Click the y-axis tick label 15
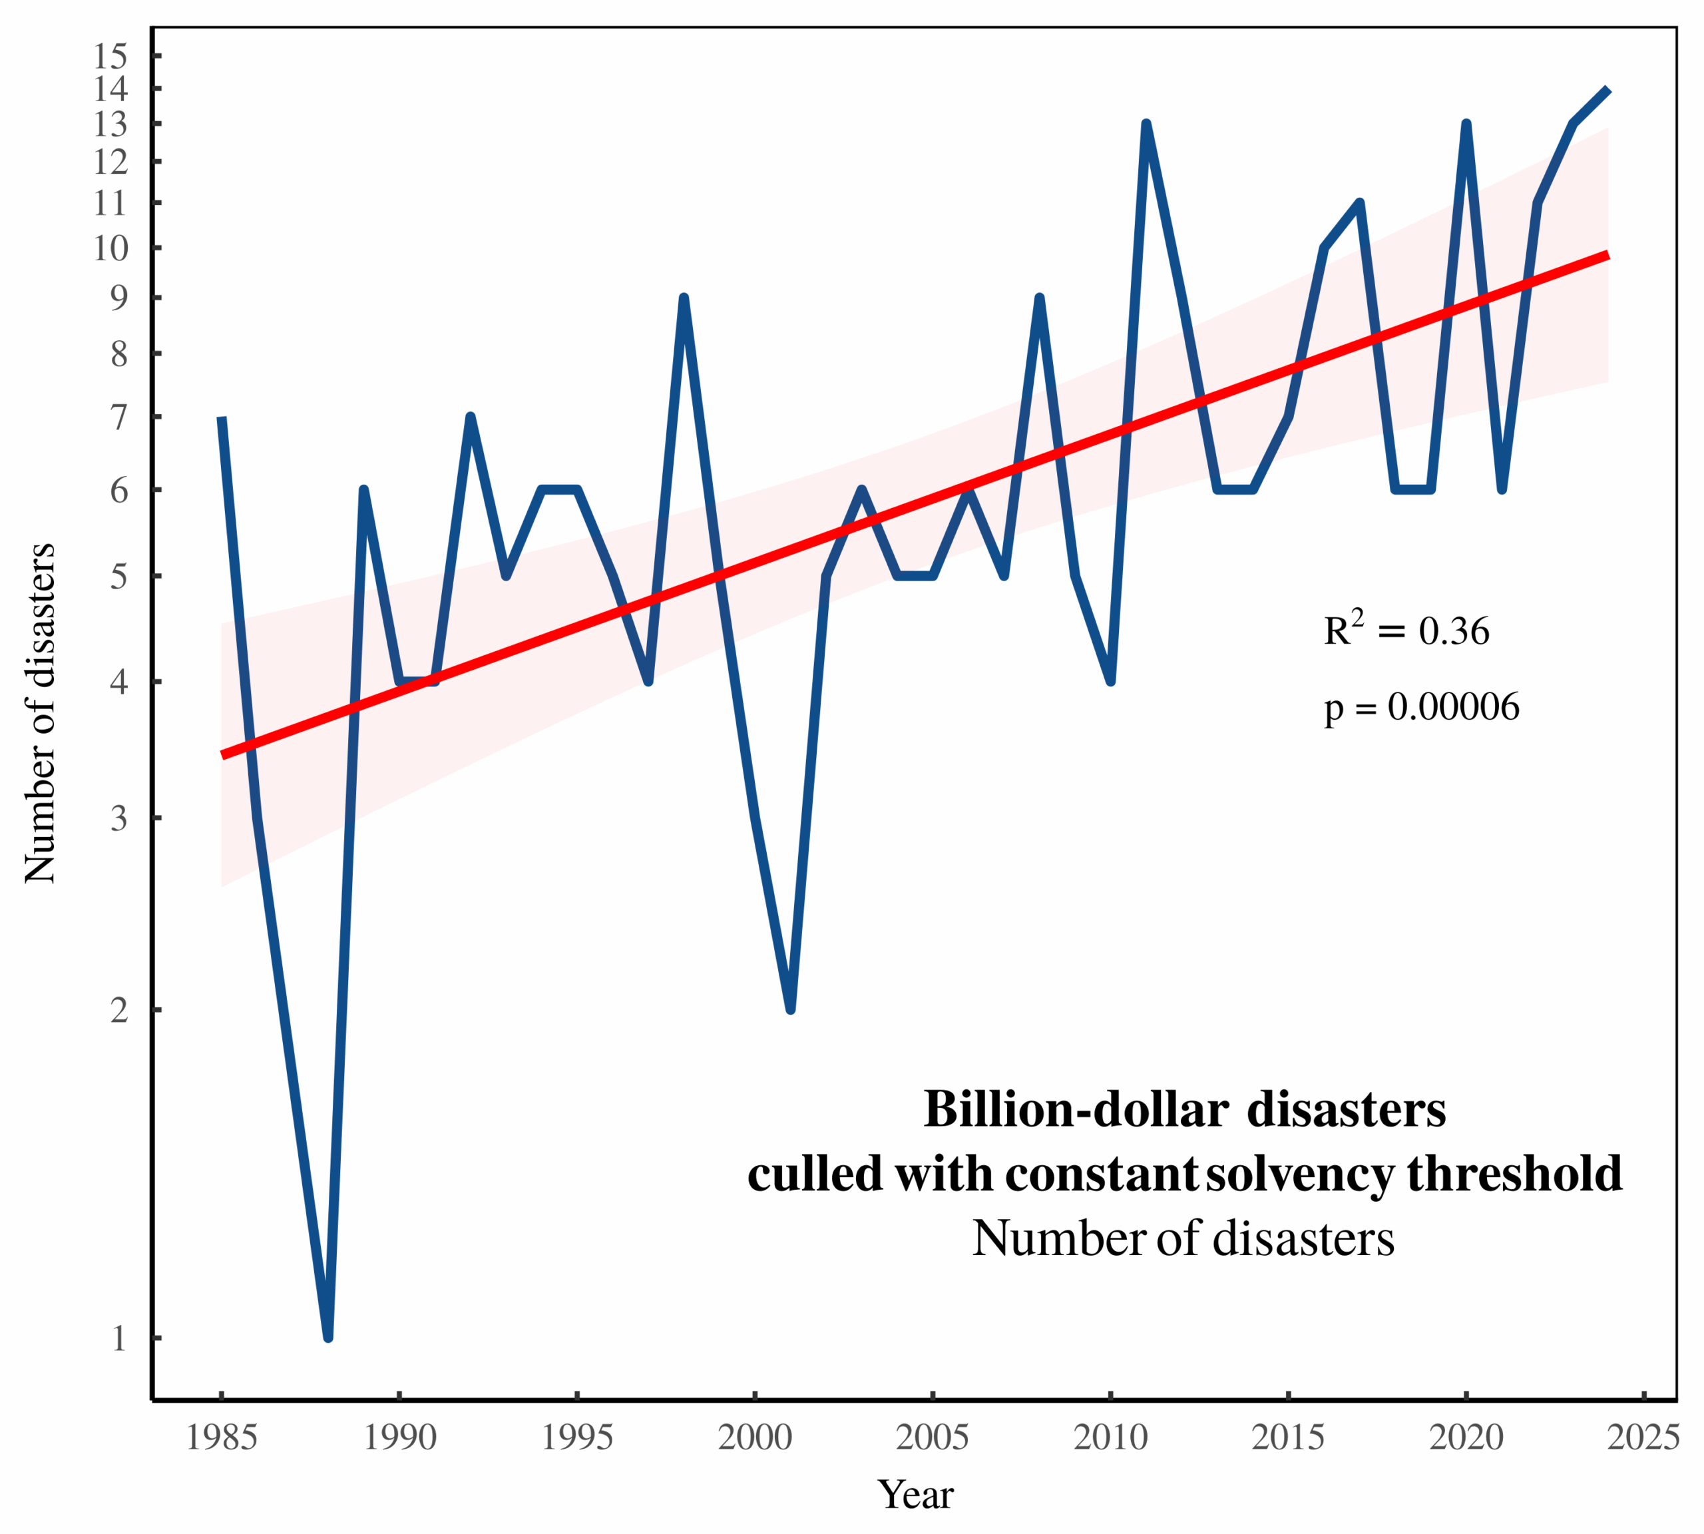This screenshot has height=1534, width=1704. tap(110, 57)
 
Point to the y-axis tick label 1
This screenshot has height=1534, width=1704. tap(119, 1338)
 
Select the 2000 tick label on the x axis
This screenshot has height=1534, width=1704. tap(754, 1437)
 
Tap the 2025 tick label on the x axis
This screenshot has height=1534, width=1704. tap(1643, 1437)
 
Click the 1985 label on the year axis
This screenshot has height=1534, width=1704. tap(221, 1437)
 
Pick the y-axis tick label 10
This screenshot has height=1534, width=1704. tap(110, 248)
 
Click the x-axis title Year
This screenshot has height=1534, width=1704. tap(915, 1495)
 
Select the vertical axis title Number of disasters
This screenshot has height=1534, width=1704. tap(40, 714)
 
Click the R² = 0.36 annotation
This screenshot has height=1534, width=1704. tap(1406, 630)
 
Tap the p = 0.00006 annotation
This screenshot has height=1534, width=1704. tap(1421, 706)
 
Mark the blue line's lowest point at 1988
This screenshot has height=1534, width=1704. tap(328, 1336)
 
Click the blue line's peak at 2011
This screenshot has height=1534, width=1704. tap(1146, 125)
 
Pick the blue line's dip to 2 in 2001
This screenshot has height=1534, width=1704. tap(791, 1008)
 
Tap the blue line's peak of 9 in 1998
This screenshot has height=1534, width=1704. tap(684, 298)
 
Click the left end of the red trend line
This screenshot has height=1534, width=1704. tap(222, 755)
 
